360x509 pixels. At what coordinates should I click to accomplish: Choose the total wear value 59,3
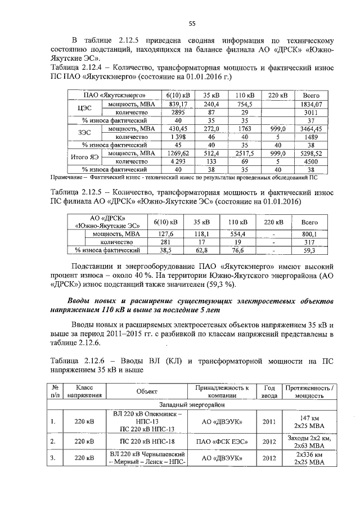pyautogui.click(x=309, y=250)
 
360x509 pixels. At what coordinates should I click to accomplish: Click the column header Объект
pyautogui.click(x=147, y=392)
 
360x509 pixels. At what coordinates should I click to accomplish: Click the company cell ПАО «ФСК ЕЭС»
pyautogui.click(x=222, y=442)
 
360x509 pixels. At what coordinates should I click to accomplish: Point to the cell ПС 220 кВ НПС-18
pyautogui.click(x=147, y=442)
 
